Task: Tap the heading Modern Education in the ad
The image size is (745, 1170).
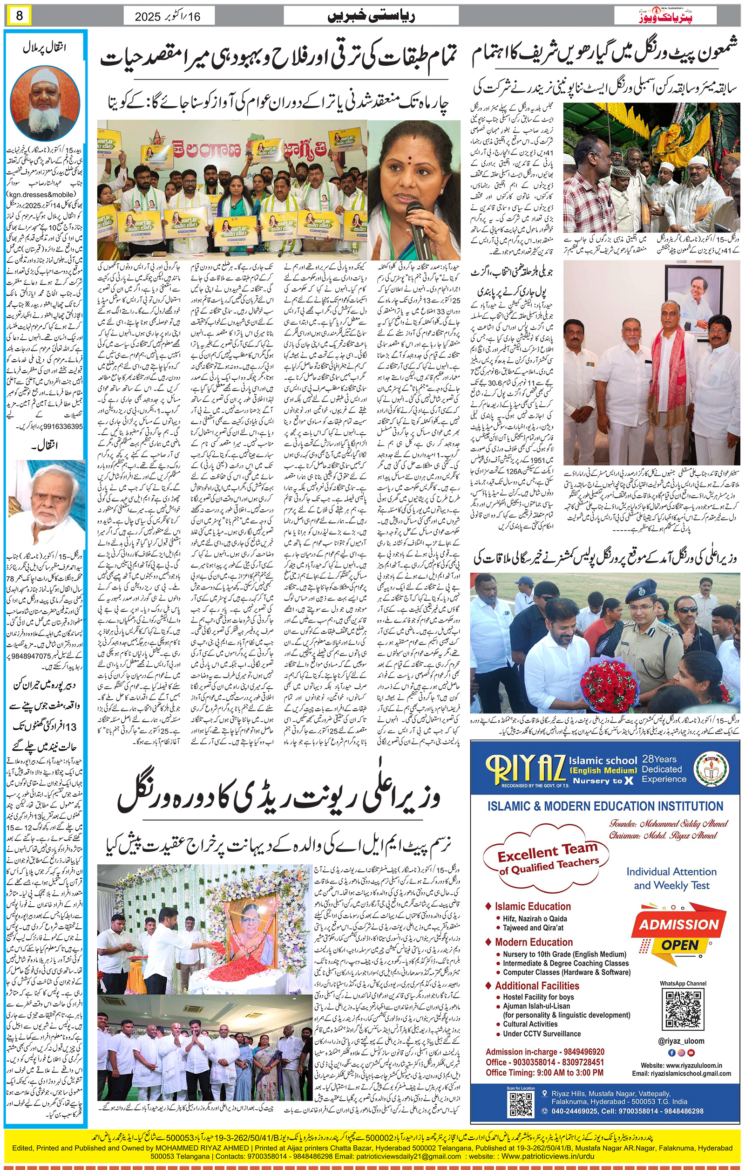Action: click(534, 942)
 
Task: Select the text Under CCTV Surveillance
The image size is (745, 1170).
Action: click(542, 1033)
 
